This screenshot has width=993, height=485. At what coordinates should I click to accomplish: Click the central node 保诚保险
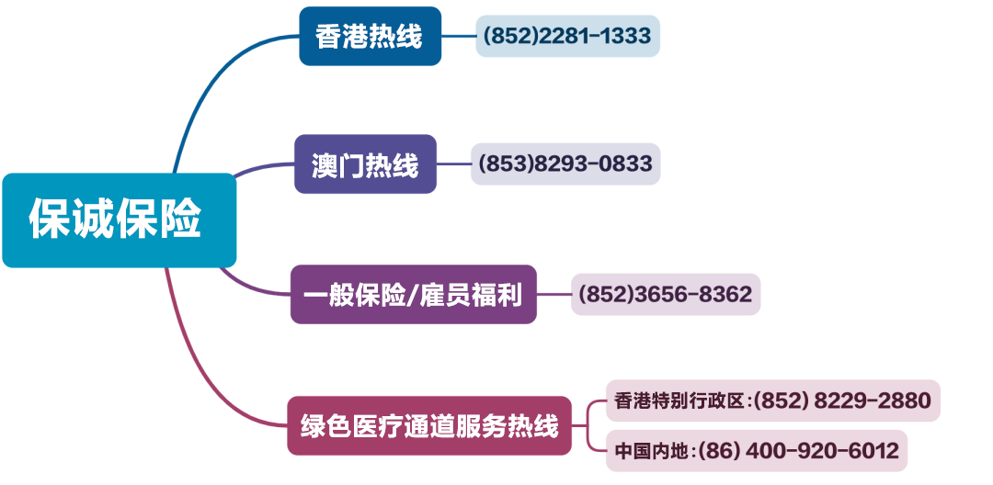pyautogui.click(x=119, y=220)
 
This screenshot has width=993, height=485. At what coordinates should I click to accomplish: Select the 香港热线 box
pyautogui.click(x=370, y=37)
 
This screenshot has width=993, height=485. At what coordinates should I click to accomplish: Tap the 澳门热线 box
pyautogui.click(x=365, y=164)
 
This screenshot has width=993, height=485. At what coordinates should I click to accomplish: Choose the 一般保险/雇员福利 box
pyautogui.click(x=413, y=295)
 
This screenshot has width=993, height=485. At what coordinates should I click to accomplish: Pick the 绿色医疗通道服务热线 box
pyautogui.click(x=428, y=426)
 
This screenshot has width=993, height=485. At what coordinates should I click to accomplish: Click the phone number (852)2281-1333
pyautogui.click(x=567, y=37)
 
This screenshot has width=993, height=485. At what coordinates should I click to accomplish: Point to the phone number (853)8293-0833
pyautogui.click(x=565, y=164)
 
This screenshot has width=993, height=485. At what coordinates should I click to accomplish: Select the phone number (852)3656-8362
pyautogui.click(x=666, y=295)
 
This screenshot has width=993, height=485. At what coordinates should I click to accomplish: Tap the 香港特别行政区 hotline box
pyautogui.click(x=772, y=400)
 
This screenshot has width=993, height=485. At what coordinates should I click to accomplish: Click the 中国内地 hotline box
pyautogui.click(x=756, y=451)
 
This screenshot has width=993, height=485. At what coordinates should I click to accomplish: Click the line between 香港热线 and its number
pyautogui.click(x=458, y=37)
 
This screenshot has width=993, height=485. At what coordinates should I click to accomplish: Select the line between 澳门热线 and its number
pyautogui.click(x=453, y=164)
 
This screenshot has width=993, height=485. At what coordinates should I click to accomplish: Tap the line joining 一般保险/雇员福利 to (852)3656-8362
pyautogui.click(x=554, y=295)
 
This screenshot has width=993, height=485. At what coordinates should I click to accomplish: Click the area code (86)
pyautogui.click(x=717, y=451)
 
